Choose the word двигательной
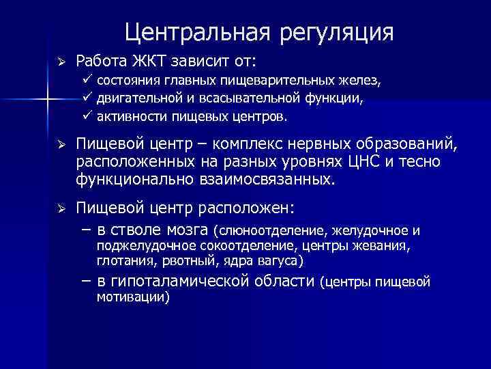133,98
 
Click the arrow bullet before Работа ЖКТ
60,62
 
